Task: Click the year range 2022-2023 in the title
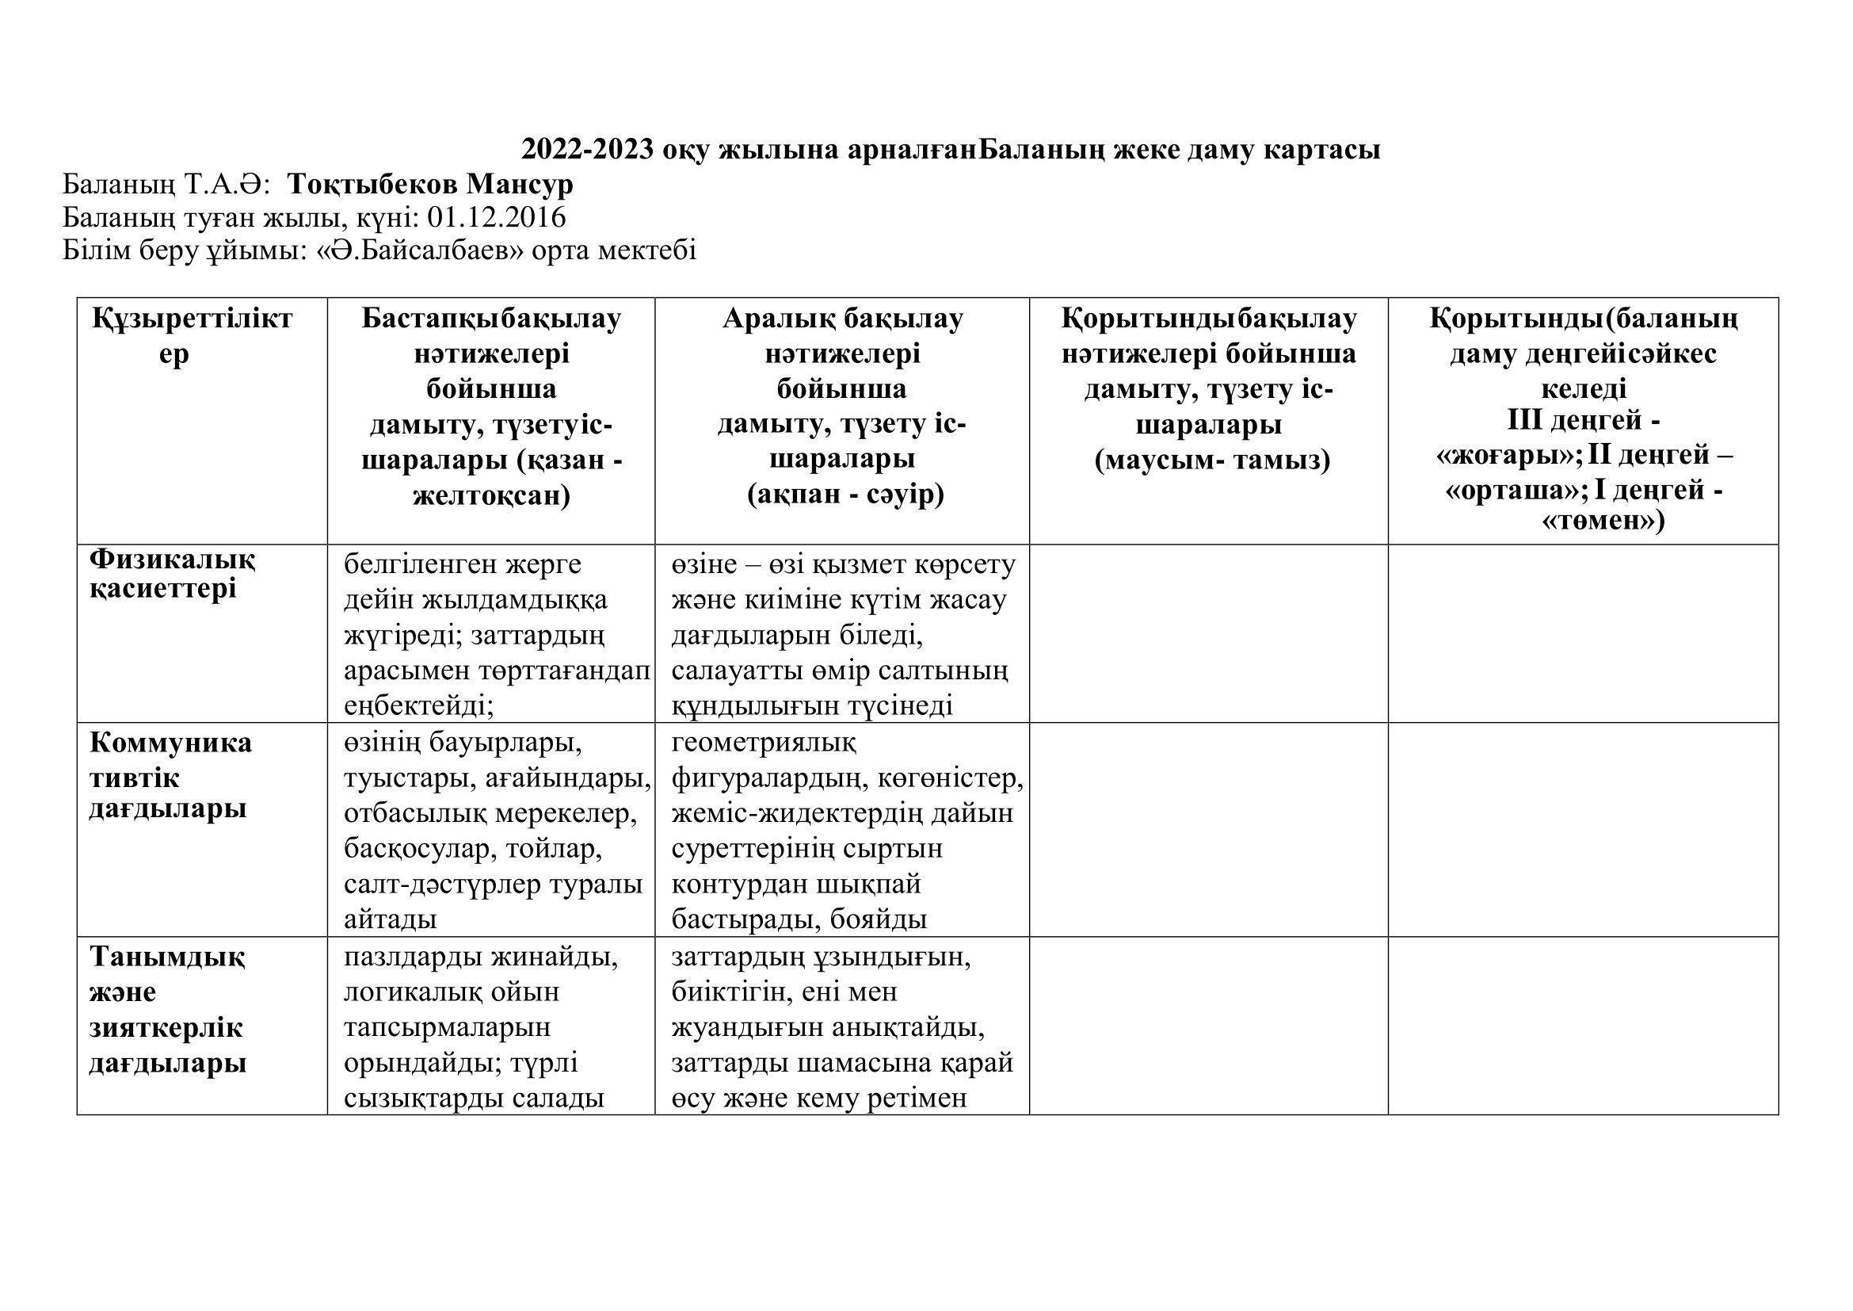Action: [x=588, y=150]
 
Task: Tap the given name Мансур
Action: [x=520, y=185]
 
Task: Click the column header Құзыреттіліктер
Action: [x=192, y=336]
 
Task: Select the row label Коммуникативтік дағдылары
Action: [x=170, y=775]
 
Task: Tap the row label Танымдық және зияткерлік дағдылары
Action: [x=167, y=1009]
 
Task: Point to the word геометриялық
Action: [x=764, y=741]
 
